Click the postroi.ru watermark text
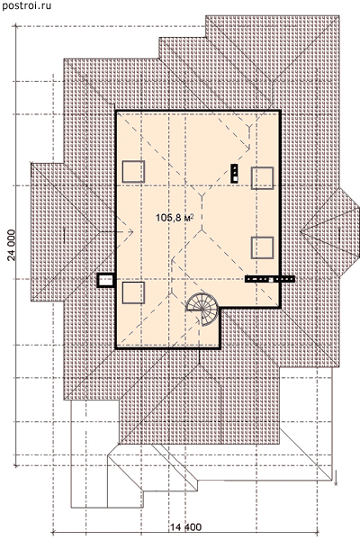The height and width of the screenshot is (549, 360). tap(27, 5)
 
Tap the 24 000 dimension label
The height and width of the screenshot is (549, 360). tap(12, 245)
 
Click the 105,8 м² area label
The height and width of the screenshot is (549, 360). tap(175, 218)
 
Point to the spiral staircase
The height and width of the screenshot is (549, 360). tap(203, 309)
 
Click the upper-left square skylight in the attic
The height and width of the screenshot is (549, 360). tap(133, 172)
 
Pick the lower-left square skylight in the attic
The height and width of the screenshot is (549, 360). tap(133, 292)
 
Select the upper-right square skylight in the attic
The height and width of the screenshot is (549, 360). tap(262, 178)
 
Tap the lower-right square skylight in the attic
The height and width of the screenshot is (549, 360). tap(262, 247)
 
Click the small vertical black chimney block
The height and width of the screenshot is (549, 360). tap(234, 174)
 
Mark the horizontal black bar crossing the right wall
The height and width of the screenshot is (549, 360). tap(270, 279)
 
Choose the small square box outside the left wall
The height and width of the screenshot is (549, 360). tap(106, 281)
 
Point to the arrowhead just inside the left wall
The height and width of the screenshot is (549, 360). tap(130, 232)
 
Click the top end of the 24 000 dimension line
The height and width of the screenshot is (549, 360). tap(15, 26)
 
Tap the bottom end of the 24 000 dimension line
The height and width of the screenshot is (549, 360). tap(15, 465)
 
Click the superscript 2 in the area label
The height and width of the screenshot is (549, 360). tap(193, 216)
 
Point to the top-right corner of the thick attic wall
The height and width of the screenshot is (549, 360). tap(280, 112)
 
